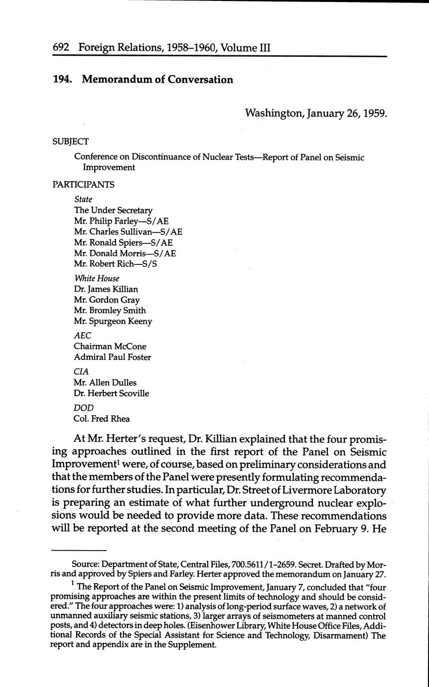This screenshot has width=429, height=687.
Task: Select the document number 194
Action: point(62,80)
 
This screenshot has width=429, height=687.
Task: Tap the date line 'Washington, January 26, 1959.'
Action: point(316,113)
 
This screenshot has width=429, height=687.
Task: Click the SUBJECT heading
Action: point(70,141)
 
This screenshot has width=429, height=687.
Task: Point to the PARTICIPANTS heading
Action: point(83,185)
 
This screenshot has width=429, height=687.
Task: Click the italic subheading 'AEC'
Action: point(83,336)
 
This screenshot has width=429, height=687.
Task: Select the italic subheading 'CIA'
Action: point(81,372)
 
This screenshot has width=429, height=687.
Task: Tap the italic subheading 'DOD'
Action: point(84,408)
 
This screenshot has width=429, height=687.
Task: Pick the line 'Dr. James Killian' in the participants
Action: point(106,289)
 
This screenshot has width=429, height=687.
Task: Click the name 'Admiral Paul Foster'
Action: point(113,357)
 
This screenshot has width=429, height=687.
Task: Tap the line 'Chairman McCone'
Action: point(110,346)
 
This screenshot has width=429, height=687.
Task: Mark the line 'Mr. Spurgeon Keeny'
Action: point(113,322)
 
